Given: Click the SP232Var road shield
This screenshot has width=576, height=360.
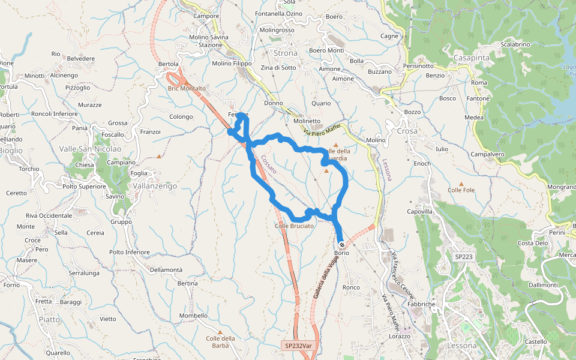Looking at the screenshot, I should [298, 346].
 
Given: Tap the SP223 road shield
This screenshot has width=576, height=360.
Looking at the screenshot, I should [464, 257].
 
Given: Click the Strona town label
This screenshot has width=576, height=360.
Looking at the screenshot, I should [285, 53].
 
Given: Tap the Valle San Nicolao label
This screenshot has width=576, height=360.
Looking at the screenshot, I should [90, 149].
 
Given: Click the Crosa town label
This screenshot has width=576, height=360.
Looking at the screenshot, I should [407, 131].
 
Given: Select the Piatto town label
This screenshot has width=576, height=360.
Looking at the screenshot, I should [49, 319].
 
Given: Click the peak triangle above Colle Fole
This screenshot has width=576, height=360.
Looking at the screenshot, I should [461, 184].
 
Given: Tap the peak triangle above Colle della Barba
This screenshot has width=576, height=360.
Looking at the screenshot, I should [220, 332].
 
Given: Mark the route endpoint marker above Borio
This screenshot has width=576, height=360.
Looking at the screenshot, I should [341, 245].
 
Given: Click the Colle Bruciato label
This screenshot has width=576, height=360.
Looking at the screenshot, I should [294, 226].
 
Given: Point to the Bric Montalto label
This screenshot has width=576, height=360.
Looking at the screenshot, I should [187, 88].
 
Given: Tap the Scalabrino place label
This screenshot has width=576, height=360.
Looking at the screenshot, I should [515, 44].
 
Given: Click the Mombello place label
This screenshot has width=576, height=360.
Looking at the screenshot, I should [193, 316].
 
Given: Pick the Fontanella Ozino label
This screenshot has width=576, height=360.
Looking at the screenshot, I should [278, 13].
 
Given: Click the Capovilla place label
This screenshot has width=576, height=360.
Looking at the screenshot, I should [420, 212].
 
